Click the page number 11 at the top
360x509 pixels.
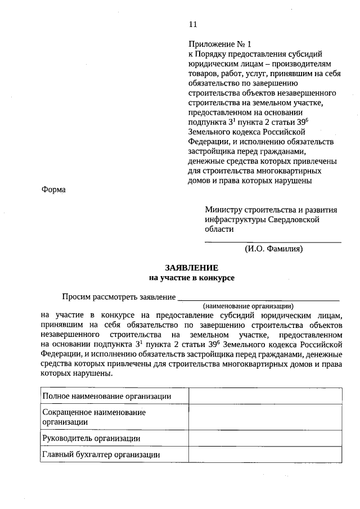193,24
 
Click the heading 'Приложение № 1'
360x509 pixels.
217,43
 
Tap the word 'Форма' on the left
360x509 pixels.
53,190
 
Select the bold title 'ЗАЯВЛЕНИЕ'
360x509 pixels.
191,268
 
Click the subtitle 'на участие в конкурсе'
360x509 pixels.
191,277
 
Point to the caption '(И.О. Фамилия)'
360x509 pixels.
274,247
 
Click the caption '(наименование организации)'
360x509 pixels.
249,306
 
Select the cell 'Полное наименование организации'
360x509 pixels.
107,397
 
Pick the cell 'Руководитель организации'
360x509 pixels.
91,438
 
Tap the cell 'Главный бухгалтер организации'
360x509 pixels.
101,454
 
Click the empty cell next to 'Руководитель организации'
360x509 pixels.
264,438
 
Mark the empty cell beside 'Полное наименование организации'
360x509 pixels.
264,397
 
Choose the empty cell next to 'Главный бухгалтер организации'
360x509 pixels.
264,454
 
